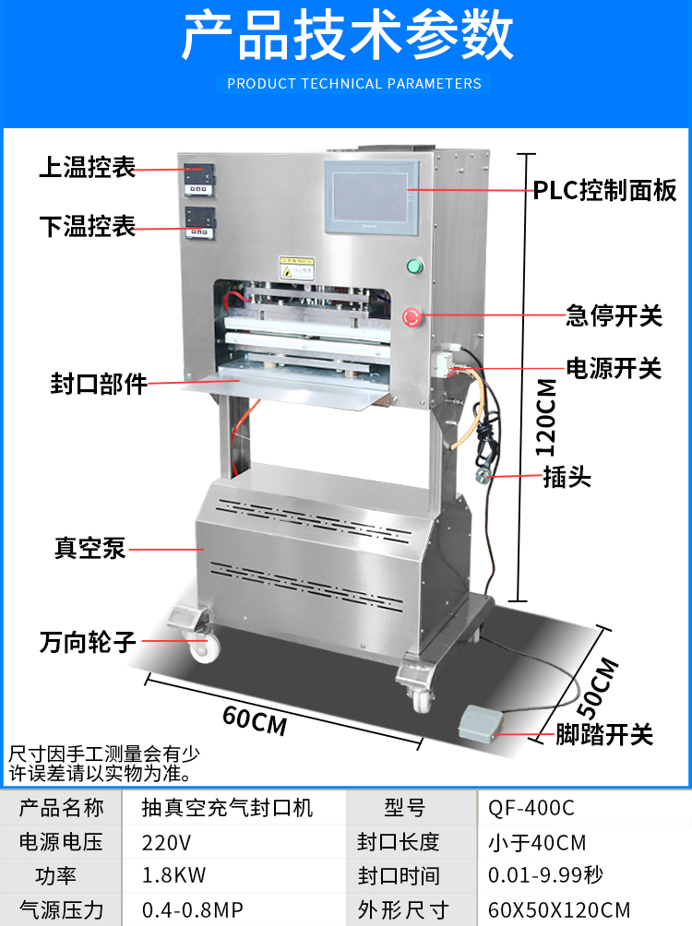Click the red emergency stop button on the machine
(413, 318)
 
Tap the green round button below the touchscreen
(414, 267)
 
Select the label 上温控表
(88, 168)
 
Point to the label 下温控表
(88, 226)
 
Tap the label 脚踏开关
(604, 735)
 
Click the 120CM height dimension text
(547, 417)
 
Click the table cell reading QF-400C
(531, 808)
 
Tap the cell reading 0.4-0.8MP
(193, 910)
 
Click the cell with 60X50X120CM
(559, 910)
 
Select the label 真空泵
(89, 549)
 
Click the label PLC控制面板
(604, 191)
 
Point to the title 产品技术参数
(346, 39)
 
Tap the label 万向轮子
(88, 643)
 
